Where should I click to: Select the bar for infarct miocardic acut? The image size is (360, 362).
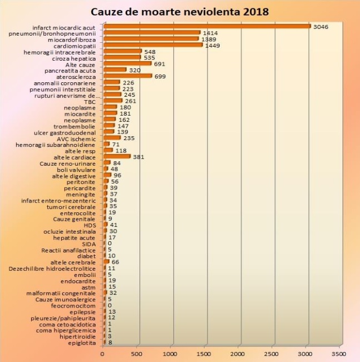coord(207,26)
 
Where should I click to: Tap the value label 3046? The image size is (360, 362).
coord(322,26)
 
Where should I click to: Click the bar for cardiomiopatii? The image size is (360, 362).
coord(153,45)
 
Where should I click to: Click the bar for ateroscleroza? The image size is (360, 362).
coord(127,76)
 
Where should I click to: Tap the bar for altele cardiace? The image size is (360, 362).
coord(117,156)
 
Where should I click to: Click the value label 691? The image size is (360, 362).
coord(160,64)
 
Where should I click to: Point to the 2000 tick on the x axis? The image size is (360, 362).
coord(238,353)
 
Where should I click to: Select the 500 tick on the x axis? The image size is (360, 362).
coord(137,353)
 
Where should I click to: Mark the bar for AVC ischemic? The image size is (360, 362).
coord(112,138)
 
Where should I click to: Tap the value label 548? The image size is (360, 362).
coord(150,51)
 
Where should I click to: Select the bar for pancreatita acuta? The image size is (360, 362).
coord(115,70)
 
